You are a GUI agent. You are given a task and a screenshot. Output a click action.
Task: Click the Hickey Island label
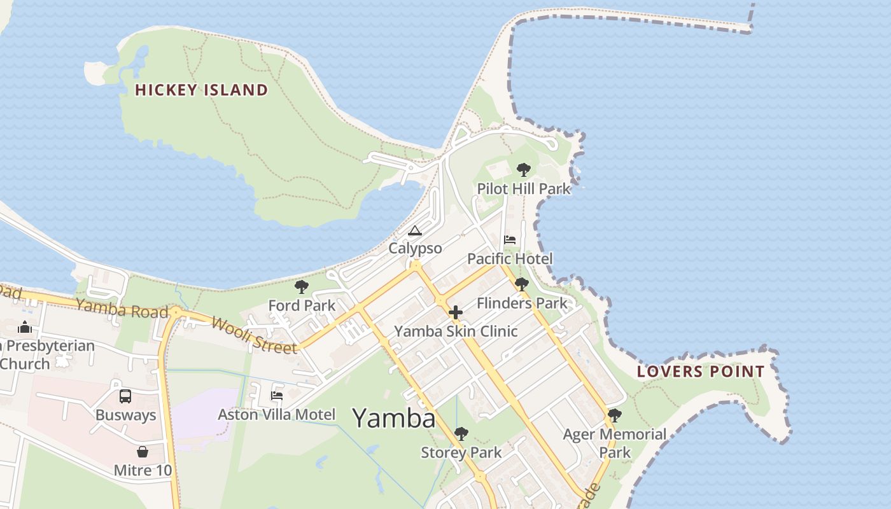pyautogui.click(x=201, y=90)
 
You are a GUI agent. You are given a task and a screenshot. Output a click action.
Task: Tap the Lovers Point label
pyautogui.click(x=701, y=372)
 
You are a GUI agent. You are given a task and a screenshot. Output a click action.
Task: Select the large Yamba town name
pyautogui.click(x=394, y=418)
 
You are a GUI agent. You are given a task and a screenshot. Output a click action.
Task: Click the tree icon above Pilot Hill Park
pyautogui.click(x=523, y=170)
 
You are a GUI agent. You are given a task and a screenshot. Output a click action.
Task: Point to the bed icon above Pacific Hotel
pyautogui.click(x=510, y=240)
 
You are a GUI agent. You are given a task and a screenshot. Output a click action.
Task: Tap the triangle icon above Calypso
pyautogui.click(x=415, y=230)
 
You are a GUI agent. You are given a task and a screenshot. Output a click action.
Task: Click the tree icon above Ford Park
pyautogui.click(x=302, y=287)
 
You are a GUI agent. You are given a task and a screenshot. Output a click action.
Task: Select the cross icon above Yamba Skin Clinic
pyautogui.click(x=456, y=312)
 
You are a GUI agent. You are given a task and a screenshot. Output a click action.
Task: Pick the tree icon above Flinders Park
pyautogui.click(x=522, y=284)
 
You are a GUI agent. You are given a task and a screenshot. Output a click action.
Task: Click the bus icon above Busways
pyautogui.click(x=125, y=396)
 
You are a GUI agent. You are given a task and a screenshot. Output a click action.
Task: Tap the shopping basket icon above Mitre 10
pyautogui.click(x=143, y=452)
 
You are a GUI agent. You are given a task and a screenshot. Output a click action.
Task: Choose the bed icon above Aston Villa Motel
pyautogui.click(x=277, y=395)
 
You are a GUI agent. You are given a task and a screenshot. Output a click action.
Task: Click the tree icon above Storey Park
pyautogui.click(x=461, y=434)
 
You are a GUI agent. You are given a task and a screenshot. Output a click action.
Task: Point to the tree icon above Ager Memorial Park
pyautogui.click(x=614, y=415)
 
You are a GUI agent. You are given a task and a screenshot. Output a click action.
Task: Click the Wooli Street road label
pyautogui.click(x=254, y=335)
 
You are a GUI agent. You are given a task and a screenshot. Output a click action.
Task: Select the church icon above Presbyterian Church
pyautogui.click(x=25, y=327)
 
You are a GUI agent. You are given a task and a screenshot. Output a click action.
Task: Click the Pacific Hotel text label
pyautogui.click(x=510, y=259)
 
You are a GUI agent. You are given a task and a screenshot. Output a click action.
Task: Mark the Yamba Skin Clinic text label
pyautogui.click(x=456, y=331)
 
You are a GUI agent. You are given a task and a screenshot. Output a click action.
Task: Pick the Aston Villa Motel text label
pyautogui.click(x=276, y=415)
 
